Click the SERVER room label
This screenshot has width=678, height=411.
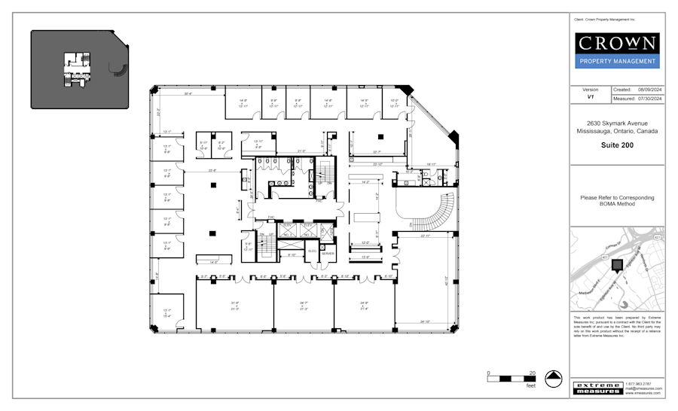(327, 254)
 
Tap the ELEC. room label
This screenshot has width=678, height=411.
(313, 251)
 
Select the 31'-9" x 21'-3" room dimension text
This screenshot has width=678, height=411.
(234, 306)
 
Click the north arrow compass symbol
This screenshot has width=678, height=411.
(554, 379)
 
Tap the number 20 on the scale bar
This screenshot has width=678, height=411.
(532, 373)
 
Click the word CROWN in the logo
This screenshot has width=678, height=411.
(617, 43)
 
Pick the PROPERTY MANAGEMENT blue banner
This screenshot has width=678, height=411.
(617, 62)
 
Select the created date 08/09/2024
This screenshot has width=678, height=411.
(649, 90)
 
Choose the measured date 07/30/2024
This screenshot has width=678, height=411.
(649, 99)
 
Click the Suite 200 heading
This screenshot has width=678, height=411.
(617, 145)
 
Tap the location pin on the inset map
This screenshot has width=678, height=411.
(618, 265)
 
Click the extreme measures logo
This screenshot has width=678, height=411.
(597, 388)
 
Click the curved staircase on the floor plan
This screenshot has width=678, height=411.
(429, 209)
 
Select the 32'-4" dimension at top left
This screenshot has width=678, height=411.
(188, 94)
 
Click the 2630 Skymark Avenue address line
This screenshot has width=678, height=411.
(617, 123)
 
